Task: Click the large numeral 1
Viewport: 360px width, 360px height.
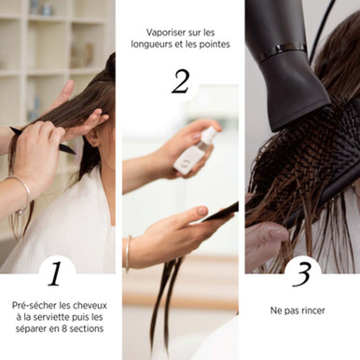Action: point(55,273)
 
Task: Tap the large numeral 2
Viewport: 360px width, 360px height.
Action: point(180,81)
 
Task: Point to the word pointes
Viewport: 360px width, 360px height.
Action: point(214,44)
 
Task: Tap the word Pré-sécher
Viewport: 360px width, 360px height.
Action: point(34,305)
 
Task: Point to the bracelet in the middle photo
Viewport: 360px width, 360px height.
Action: point(128,253)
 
